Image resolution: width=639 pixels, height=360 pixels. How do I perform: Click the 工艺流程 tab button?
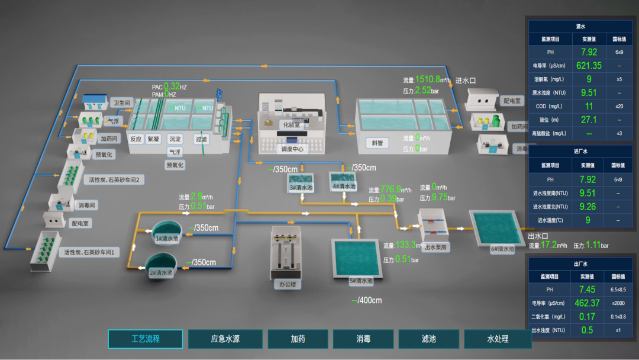[146, 339]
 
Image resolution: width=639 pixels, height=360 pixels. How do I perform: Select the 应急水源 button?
[225, 339]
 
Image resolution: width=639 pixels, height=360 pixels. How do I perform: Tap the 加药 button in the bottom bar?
[298, 339]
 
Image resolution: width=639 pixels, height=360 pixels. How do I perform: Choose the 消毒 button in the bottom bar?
[363, 339]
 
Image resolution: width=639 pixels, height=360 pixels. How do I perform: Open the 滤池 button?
[428, 339]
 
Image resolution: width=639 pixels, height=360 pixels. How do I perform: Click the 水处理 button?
[498, 339]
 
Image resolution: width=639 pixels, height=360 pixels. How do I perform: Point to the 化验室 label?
[292, 126]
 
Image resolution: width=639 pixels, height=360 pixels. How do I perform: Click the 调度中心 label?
[292, 149]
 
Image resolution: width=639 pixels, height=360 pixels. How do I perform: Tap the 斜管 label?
[376, 143]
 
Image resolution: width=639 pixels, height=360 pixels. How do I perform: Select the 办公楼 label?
[287, 284]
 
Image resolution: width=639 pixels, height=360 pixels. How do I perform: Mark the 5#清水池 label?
[360, 281]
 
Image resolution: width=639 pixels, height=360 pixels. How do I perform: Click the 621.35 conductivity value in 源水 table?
[589, 66]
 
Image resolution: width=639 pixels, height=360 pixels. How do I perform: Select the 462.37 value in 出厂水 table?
[588, 303]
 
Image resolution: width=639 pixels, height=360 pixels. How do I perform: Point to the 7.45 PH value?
[588, 290]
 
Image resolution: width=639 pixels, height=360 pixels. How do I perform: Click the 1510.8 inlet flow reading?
[428, 79]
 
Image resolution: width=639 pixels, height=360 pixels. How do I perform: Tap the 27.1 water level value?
[589, 120]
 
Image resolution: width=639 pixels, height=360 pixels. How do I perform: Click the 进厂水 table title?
[580, 152]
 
